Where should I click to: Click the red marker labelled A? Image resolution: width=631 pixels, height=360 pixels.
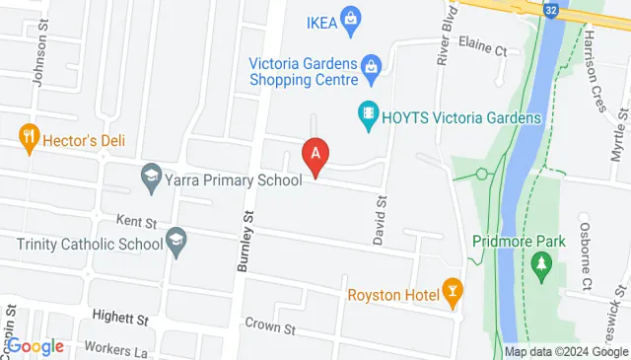(x=315, y=155)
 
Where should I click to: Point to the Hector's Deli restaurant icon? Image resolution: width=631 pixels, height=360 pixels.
(x=27, y=139)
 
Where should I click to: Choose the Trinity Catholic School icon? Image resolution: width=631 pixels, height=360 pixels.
(x=176, y=243)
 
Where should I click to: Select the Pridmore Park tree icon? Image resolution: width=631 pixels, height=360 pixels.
(x=539, y=264)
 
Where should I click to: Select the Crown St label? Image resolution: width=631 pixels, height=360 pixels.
(x=269, y=325)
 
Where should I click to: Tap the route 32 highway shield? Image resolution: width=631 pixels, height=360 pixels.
(x=550, y=8)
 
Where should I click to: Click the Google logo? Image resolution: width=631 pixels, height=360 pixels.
(x=35, y=346)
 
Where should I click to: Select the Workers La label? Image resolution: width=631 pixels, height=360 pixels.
(x=115, y=347)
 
